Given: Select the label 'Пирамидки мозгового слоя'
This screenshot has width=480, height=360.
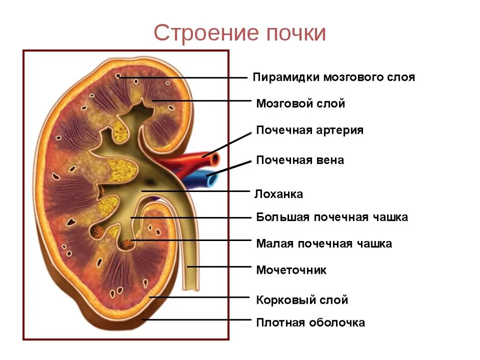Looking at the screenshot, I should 333,78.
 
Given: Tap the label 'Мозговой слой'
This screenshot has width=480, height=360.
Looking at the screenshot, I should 300,104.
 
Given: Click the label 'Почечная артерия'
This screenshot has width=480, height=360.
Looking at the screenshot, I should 309,130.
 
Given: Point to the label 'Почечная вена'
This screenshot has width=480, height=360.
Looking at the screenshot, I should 300,160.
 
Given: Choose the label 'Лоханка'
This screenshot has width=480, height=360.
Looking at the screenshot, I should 279,194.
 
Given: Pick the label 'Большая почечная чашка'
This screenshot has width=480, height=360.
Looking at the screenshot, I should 332,218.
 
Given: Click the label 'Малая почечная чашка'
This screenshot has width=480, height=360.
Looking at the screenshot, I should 324,244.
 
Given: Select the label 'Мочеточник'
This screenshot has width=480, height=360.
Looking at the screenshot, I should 291,270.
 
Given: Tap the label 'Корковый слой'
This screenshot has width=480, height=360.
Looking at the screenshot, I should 302,300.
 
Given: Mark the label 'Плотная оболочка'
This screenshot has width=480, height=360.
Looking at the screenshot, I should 310,323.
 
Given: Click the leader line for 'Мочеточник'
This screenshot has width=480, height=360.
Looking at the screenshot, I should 220,267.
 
